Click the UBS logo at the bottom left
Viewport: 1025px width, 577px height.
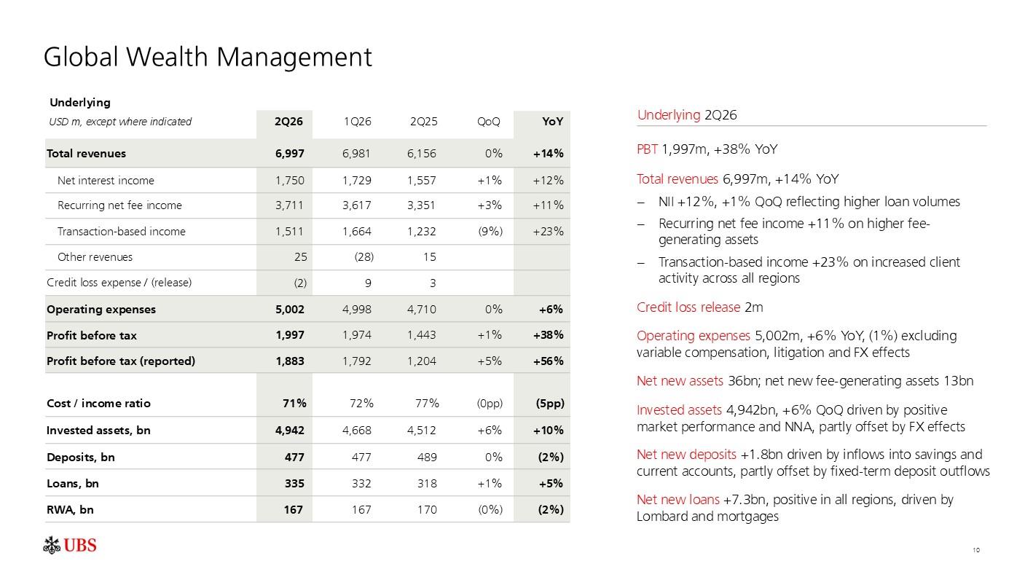coord(70,545)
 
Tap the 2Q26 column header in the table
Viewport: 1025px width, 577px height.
coord(288,122)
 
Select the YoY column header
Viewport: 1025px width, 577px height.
coord(553,122)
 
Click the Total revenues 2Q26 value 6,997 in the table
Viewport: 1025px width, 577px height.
coord(290,154)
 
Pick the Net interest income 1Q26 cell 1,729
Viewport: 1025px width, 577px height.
coord(357,181)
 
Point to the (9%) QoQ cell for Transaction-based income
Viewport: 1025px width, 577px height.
coord(490,232)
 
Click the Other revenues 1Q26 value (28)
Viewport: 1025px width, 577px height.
coord(364,257)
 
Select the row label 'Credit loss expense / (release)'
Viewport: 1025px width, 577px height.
coord(119,283)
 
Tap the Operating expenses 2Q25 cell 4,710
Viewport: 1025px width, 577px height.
coord(422,310)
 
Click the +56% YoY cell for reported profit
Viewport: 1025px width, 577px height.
coord(548,361)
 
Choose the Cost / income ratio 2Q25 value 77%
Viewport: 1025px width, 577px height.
coord(427,404)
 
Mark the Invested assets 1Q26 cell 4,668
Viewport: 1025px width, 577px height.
coord(357,431)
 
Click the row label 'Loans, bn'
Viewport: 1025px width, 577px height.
coord(73,484)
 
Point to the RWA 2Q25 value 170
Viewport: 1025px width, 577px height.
coord(427,510)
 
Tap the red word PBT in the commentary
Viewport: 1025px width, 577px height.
coord(647,149)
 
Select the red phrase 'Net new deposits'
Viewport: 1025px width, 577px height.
coord(686,455)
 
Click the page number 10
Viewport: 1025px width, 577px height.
coord(976,550)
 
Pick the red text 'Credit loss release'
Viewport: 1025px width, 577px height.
coord(688,307)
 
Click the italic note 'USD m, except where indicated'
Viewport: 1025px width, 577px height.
coord(120,122)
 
